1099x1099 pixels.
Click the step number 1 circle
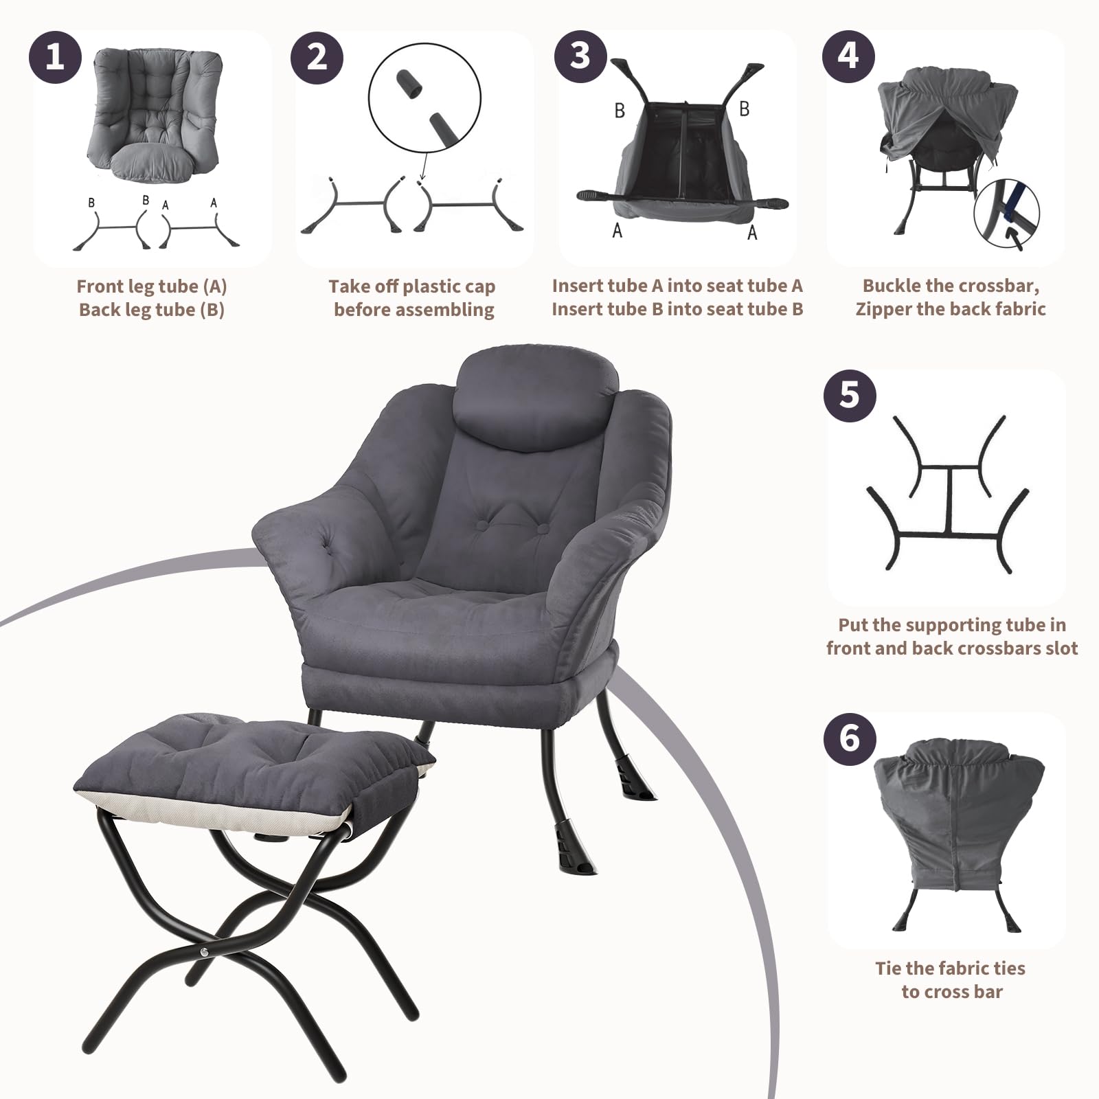pyautogui.click(x=55, y=56)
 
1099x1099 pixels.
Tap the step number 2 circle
pyautogui.click(x=317, y=56)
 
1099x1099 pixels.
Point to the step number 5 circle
pyautogui.click(x=850, y=396)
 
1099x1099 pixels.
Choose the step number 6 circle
pyautogui.click(x=850, y=738)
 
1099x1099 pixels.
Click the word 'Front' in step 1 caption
pyautogui.click(x=100, y=286)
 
